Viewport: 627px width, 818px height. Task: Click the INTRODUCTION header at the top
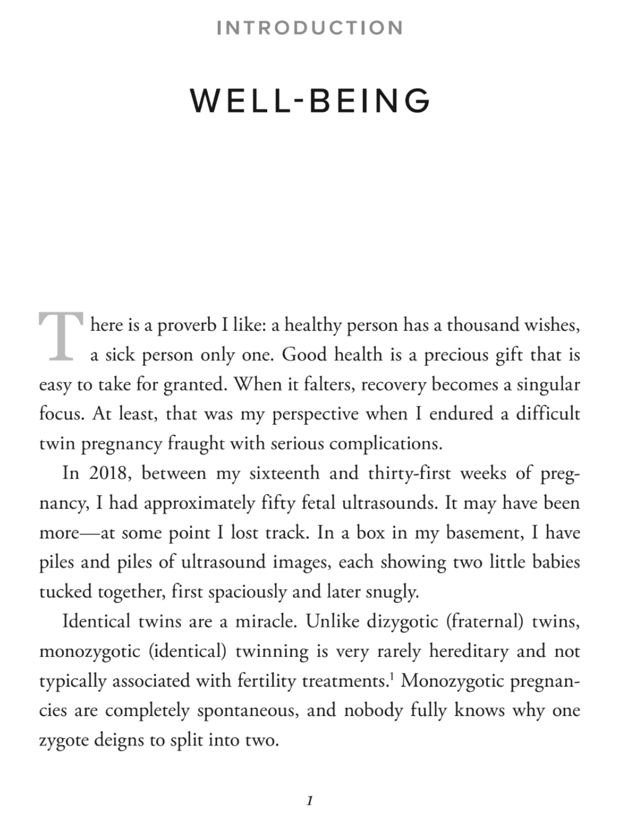coord(310,28)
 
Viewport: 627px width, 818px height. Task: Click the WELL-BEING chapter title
coord(310,101)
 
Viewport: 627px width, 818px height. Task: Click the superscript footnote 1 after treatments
coord(392,676)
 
